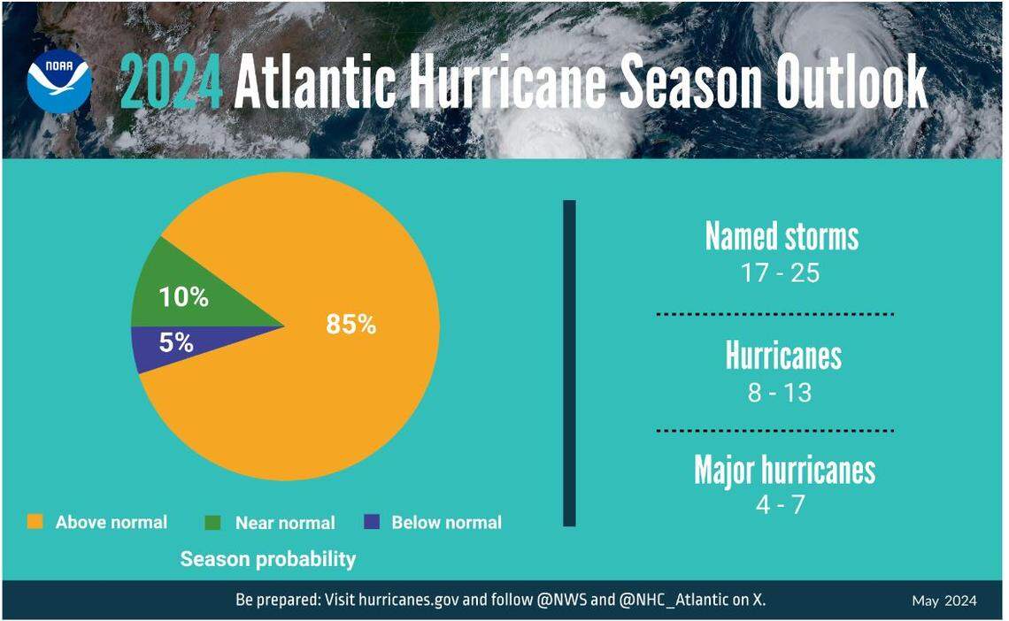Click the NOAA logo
click(59, 80)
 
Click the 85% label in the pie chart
click(351, 325)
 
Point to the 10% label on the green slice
click(184, 298)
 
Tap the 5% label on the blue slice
click(177, 343)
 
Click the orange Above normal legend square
click(35, 522)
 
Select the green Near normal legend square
click(213, 522)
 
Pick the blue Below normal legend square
click(372, 522)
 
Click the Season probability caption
click(268, 559)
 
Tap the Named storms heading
click(782, 237)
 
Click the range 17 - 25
click(781, 273)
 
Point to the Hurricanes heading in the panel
click(783, 356)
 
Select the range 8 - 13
click(780, 393)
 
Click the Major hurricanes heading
click(784, 470)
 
